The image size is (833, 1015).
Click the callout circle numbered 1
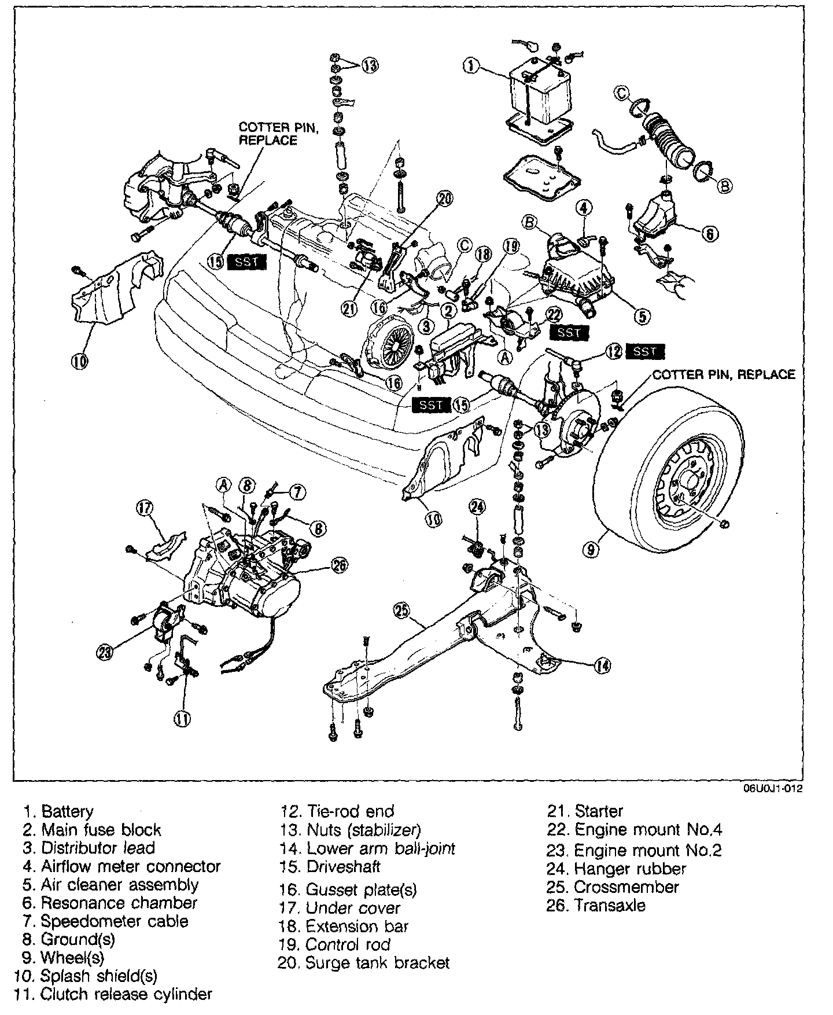pos(471,66)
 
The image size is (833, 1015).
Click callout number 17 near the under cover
pos(145,508)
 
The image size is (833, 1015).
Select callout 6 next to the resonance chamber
pos(710,233)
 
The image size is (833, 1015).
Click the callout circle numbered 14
pos(602,666)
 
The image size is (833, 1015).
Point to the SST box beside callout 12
pos(644,351)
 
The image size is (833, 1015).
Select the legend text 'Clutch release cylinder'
pos(126,994)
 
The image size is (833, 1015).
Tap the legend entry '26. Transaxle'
pos(596,905)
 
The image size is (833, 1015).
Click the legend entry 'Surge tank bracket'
pos(378,963)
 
